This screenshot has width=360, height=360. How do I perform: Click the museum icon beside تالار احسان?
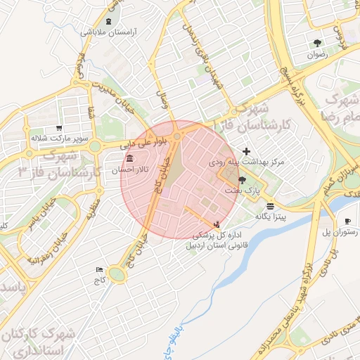coord(130,160)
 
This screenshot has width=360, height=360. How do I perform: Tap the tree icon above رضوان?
coord(317,43)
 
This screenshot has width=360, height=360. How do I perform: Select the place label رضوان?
coord(317,53)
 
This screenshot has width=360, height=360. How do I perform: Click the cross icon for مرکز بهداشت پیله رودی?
coord(246,151)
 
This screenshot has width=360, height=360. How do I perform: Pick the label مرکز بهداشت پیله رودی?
coord(246,162)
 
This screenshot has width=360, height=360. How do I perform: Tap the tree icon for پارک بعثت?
coord(243,180)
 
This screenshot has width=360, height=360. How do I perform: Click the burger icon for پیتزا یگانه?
coord(271,205)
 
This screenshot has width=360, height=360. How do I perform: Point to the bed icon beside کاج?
coord(99,269)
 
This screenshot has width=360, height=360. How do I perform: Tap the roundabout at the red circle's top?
coord(177,134)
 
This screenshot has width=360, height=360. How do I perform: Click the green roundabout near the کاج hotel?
coord(117,275)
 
